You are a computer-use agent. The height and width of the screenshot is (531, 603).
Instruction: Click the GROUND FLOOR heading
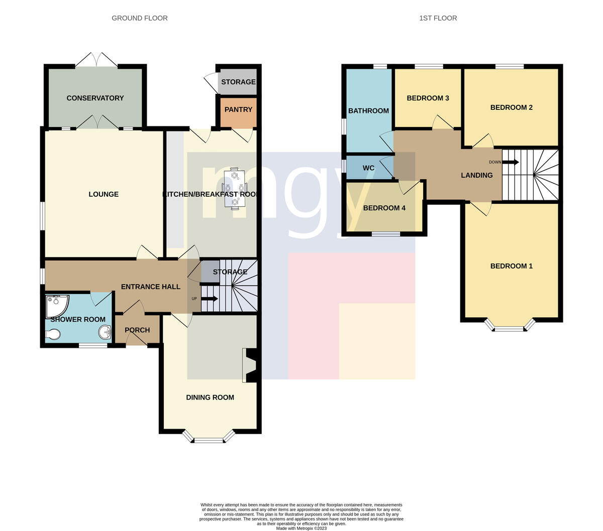coord(140,18)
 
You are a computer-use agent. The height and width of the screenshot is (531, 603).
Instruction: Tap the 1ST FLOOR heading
coord(438,18)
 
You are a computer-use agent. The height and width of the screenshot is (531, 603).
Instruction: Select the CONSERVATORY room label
coord(95,98)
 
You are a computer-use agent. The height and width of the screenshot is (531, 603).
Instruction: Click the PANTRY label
coord(238,110)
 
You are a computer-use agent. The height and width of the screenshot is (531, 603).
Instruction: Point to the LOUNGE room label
coord(104,194)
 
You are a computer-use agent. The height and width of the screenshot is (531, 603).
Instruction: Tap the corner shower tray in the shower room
coord(57,305)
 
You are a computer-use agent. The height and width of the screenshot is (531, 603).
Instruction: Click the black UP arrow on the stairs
coord(210,299)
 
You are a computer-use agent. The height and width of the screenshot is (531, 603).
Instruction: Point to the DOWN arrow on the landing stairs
coord(511,162)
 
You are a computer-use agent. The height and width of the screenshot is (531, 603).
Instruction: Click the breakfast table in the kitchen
coord(235,188)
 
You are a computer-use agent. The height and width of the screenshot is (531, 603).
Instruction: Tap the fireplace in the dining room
coord(249,365)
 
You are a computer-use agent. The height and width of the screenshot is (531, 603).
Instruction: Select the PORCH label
coord(137,330)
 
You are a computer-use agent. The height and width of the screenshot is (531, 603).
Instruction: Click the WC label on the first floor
coord(368,168)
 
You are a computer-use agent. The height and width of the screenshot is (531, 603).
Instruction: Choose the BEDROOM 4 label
coord(384,208)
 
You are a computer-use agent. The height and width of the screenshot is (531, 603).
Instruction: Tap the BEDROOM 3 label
coord(428,98)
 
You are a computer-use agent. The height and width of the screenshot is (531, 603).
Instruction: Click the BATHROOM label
coord(368,111)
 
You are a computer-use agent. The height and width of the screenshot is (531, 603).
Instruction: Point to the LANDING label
coord(477,176)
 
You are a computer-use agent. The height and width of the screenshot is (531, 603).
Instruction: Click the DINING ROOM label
coord(210,397)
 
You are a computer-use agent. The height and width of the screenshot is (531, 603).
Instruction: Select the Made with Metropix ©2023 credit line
coord(301,528)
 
